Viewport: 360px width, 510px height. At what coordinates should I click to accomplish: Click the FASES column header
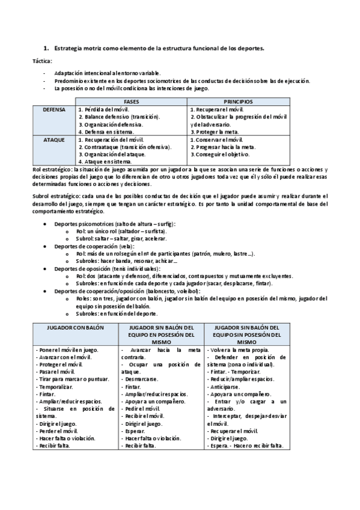point(132,102)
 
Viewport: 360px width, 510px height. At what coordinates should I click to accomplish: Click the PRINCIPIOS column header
point(239,102)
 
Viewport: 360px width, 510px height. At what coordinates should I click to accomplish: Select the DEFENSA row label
point(54,109)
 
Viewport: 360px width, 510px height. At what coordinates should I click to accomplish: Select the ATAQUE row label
point(54,140)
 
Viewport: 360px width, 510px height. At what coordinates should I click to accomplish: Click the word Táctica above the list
point(42,61)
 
